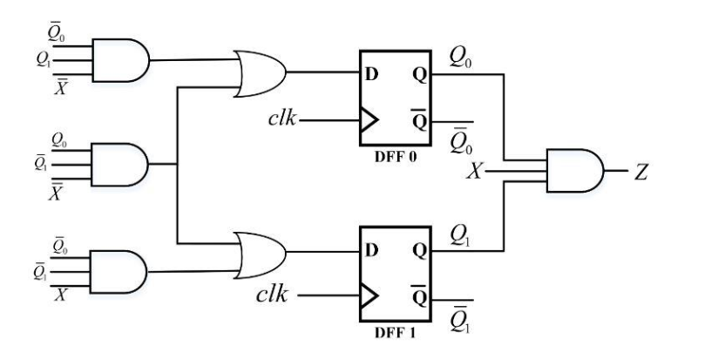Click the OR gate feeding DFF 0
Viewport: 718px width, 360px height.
(259, 71)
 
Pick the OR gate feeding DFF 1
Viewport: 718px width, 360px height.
(259, 254)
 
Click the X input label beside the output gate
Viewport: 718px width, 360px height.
(475, 172)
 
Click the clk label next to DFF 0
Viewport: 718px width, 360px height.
(284, 118)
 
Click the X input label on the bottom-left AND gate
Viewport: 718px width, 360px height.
(61, 296)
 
